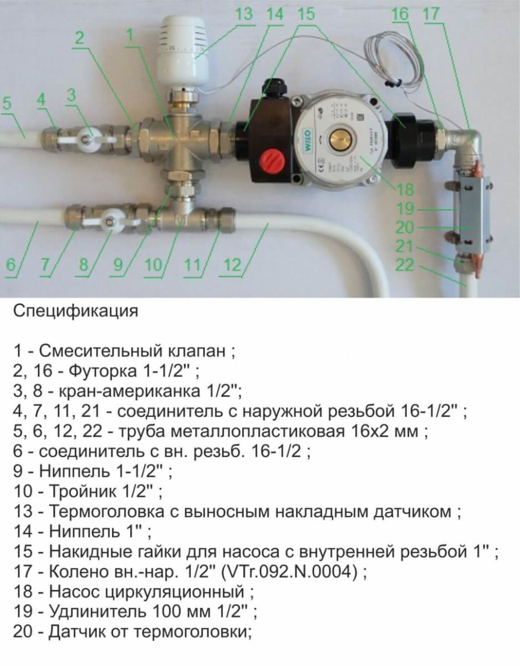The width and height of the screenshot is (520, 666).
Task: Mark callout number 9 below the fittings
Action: click(117, 266)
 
